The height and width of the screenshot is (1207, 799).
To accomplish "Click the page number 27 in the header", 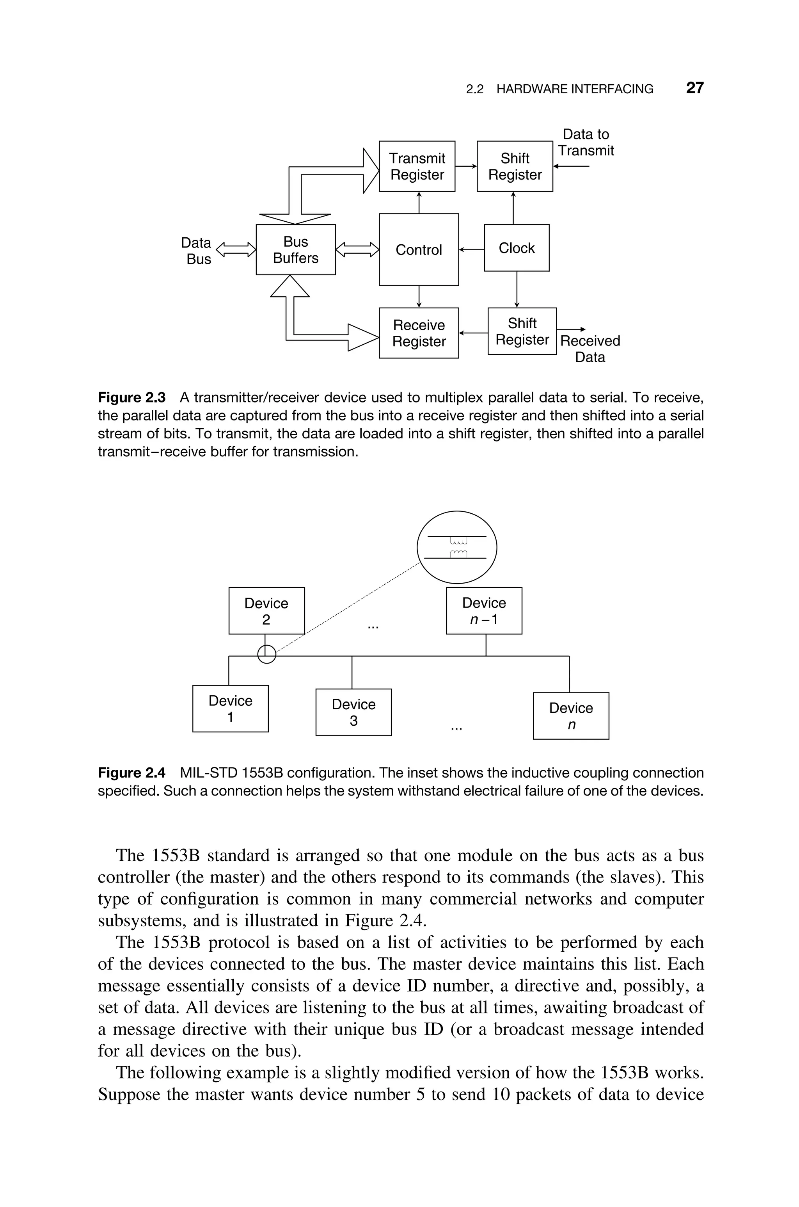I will click(x=694, y=88).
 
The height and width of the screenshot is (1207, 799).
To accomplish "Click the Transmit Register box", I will click(x=417, y=166).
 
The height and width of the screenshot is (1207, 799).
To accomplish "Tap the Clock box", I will click(x=516, y=248).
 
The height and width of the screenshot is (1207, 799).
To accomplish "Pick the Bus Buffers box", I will click(x=296, y=250).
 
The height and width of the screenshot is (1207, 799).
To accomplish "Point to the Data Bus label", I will click(x=197, y=250).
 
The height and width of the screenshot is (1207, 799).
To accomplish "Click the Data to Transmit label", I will click(x=586, y=142).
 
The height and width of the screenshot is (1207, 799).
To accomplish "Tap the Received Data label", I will click(x=589, y=349).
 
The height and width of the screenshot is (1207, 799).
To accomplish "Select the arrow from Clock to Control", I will click(x=471, y=250).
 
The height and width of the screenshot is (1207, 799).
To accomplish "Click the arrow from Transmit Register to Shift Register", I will click(x=466, y=166).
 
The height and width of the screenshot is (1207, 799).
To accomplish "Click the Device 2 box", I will click(x=266, y=611).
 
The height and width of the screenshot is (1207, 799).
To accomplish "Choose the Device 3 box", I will click(x=353, y=712).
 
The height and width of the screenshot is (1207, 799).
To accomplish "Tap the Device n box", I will click(x=571, y=716).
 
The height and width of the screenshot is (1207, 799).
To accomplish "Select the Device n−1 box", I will click(x=484, y=611).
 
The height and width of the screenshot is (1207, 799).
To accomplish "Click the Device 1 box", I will click(x=230, y=709).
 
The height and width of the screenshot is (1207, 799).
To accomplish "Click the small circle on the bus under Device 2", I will click(x=266, y=654).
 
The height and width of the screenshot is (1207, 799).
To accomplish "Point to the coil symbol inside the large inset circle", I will click(x=459, y=547).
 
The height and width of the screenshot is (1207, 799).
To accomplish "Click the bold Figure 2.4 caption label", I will click(x=131, y=773).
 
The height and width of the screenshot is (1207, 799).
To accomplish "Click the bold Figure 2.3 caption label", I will click(x=131, y=397).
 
